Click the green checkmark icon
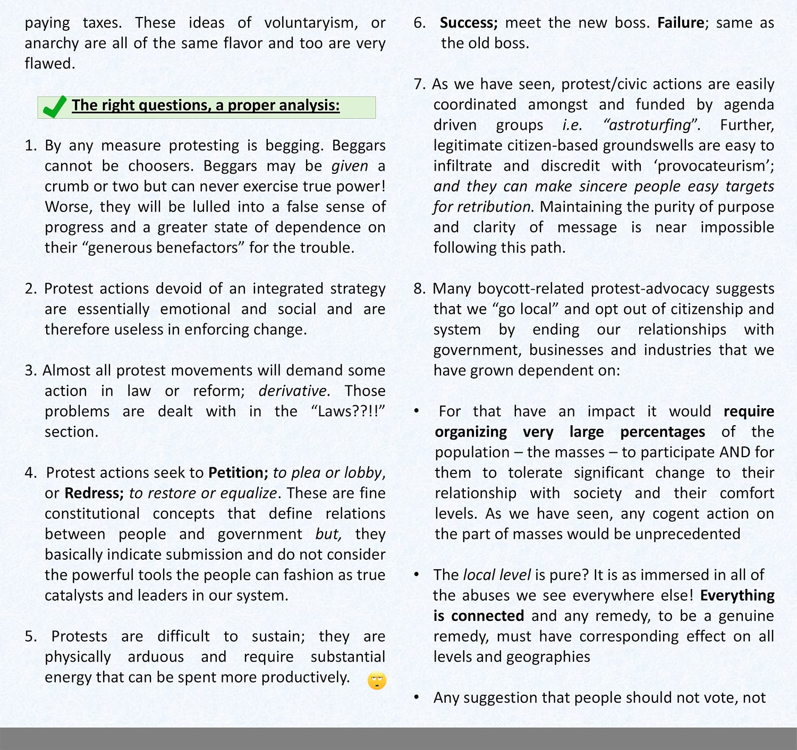tap(54, 107)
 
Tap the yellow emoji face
tap(377, 680)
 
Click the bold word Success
tap(468, 23)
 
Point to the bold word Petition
tap(238, 473)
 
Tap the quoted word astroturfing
tap(651, 125)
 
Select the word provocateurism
tap(714, 166)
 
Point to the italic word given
tap(350, 166)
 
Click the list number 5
tap(30, 636)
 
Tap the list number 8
tap(419, 289)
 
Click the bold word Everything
tap(737, 595)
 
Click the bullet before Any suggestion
tap(417, 697)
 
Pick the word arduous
tap(156, 657)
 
